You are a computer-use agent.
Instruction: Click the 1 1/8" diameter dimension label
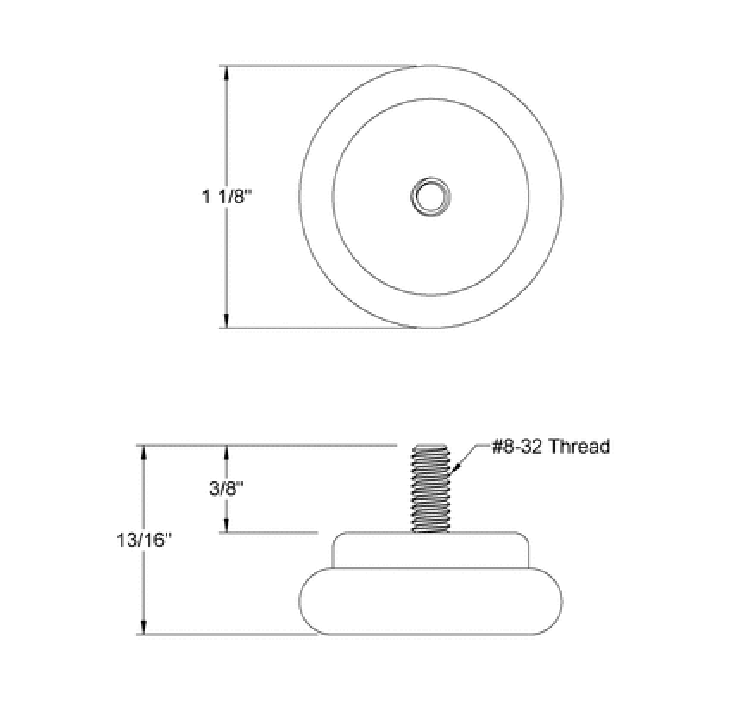click(x=227, y=197)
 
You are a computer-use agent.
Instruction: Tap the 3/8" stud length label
click(x=227, y=488)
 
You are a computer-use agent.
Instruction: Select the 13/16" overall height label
click(x=145, y=540)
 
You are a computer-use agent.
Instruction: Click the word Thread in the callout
click(x=579, y=446)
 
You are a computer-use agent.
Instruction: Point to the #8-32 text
click(x=518, y=446)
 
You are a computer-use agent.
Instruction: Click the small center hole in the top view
click(x=431, y=197)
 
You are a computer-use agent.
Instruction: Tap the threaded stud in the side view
click(x=431, y=488)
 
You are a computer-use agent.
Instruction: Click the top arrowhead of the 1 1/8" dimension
click(x=227, y=72)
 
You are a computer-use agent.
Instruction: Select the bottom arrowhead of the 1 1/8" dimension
click(x=227, y=321)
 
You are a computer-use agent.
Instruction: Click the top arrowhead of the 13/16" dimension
click(x=144, y=452)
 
